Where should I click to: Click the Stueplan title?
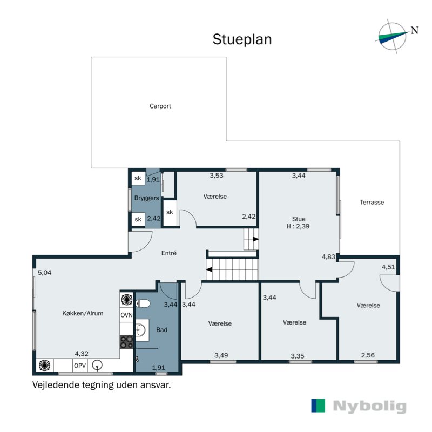coord(242,39)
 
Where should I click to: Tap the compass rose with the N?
coord(393,35)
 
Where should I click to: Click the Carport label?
coord(160,106)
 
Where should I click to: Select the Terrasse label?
coord(372,202)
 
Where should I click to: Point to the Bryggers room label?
coord(146,199)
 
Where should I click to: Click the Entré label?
coord(169,253)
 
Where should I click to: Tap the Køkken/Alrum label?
coord(83,313)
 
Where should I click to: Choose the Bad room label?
coord(161,329)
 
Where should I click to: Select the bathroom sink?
coord(142,329)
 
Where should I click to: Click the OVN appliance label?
coord(126,315)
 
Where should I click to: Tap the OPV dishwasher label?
coord(80,366)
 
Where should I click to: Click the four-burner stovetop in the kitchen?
coord(126,341)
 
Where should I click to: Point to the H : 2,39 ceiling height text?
coord(299,227)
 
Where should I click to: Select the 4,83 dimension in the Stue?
coord(328,257)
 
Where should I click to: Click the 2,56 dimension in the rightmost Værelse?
coord(368,355)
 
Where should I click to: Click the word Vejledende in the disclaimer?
coord(56,386)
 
